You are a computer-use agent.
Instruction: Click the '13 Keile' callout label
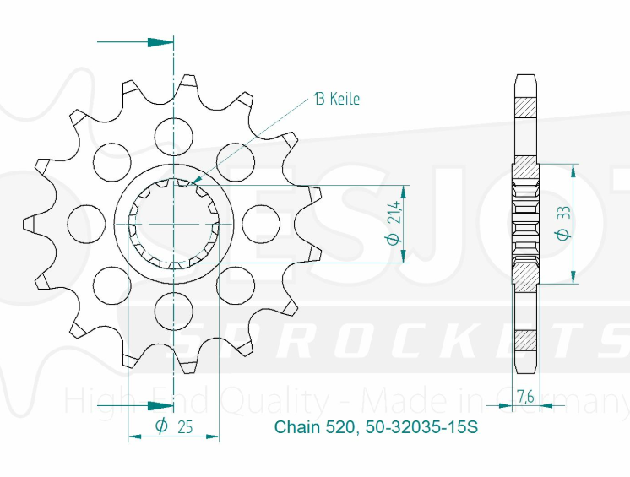click(336, 100)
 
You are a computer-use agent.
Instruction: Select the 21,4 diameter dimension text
click(393, 225)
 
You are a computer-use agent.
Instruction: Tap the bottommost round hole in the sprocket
click(173, 312)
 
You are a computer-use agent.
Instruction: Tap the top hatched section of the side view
click(524, 108)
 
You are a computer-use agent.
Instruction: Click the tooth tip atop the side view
click(524, 80)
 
